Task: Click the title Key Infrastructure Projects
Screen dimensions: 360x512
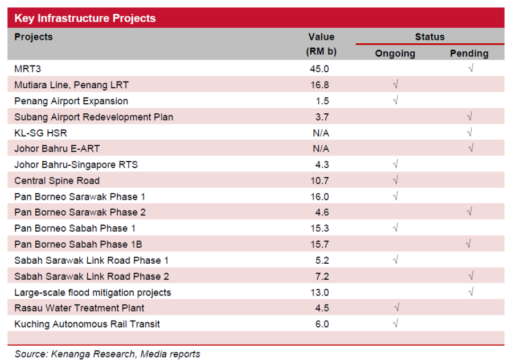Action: coord(85,18)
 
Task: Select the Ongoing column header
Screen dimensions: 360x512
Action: coord(395,54)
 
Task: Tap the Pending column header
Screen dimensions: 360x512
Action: coord(469,54)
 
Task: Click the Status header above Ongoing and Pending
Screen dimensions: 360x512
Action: coord(429,37)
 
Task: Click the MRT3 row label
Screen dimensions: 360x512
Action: coord(28,69)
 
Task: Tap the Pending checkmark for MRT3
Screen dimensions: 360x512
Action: coord(470,69)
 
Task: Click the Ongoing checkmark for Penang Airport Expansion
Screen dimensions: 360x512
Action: coord(395,101)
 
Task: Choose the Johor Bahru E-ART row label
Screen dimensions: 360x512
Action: coord(57,149)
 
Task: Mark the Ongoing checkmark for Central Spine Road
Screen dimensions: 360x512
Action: coord(395,181)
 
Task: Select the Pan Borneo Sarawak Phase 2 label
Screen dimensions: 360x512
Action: coord(80,212)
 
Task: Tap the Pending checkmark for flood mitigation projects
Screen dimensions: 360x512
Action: coord(470,292)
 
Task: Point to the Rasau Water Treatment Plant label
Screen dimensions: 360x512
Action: coord(79,308)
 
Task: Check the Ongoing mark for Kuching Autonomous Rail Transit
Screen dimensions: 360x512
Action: coord(395,324)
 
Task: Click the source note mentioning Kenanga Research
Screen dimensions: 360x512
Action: coord(108,354)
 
